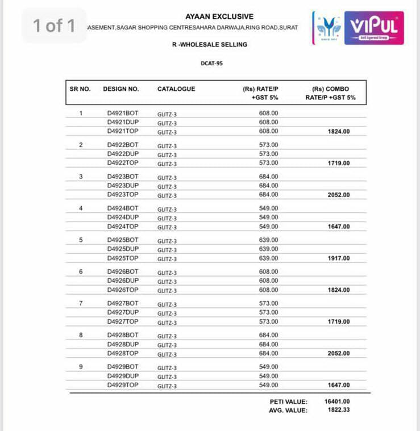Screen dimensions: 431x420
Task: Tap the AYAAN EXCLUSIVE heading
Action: (x=219, y=16)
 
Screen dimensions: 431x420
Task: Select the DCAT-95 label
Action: (x=211, y=63)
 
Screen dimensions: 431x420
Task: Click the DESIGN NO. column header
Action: (x=120, y=89)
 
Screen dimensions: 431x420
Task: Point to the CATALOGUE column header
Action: (x=176, y=89)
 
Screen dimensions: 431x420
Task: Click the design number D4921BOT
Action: (x=122, y=113)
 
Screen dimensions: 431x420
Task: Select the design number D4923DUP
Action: (x=122, y=186)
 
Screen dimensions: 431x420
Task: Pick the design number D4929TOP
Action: (x=122, y=385)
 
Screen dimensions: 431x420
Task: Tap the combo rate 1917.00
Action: (x=339, y=258)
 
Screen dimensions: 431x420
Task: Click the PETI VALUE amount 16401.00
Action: (x=337, y=401)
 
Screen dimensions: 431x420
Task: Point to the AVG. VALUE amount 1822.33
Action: (x=339, y=410)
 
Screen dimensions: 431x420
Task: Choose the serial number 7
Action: (x=81, y=303)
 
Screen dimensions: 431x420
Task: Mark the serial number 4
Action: (x=81, y=208)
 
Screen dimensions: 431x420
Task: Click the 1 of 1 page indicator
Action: (x=54, y=26)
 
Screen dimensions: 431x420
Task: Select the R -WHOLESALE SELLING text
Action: (x=210, y=44)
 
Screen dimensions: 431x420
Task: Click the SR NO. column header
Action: (x=80, y=89)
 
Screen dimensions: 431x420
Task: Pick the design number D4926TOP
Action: (x=122, y=290)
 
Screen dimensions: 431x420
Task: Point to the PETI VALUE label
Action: (x=288, y=401)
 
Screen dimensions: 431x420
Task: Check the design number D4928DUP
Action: (x=122, y=344)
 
